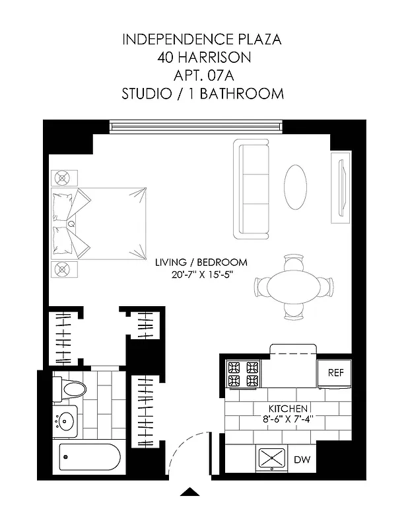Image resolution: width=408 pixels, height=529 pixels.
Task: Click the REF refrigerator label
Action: click(336, 373)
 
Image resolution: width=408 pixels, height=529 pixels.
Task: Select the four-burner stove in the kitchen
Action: click(244, 374)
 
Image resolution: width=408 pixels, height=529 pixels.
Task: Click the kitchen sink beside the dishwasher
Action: click(271, 458)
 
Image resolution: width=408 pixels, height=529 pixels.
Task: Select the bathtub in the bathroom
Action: click(90, 457)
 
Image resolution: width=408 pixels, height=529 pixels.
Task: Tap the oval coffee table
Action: click(295, 187)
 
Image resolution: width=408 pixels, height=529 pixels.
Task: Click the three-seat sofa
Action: click(252, 189)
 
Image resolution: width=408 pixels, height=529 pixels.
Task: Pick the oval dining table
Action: click(293, 287)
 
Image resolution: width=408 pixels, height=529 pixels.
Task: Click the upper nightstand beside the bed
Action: click(64, 178)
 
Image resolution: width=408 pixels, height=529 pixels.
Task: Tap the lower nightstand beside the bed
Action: click(64, 269)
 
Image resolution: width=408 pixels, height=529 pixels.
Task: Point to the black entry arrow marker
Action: click(190, 491)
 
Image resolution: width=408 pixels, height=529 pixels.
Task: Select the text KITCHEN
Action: click(287, 408)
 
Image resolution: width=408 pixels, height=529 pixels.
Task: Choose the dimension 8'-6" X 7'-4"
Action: click(287, 419)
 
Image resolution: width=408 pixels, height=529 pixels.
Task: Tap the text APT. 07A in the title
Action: click(203, 75)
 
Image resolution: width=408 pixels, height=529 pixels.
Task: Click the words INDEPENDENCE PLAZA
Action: click(203, 40)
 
